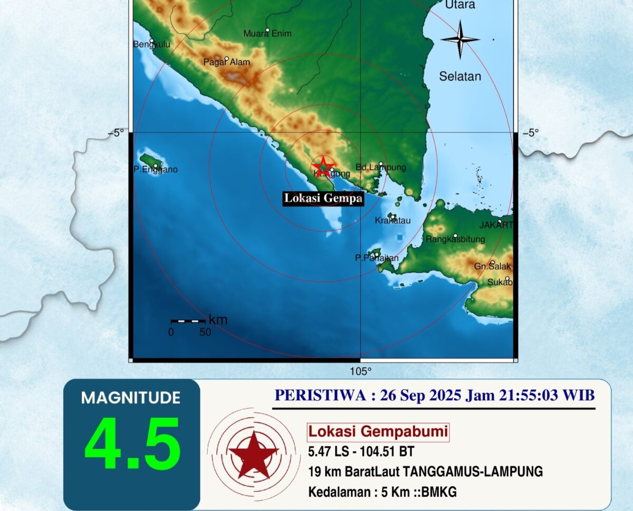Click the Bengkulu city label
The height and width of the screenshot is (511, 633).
151,45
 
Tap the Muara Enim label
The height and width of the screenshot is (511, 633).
267,34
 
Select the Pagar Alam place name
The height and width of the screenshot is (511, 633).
227,62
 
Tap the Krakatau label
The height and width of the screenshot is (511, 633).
392,220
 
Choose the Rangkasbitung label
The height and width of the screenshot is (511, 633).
455,239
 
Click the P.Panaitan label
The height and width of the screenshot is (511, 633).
377,258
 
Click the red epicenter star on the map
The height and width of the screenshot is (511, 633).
323,167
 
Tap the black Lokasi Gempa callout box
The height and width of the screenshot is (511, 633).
323,198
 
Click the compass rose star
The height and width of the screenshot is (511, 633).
459,40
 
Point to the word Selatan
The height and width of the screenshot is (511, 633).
460,76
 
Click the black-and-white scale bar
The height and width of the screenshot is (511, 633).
188,321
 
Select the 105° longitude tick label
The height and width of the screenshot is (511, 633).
361,371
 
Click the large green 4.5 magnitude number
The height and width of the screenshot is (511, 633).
132,444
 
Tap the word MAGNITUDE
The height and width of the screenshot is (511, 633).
131,398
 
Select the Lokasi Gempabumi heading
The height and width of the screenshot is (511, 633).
378,432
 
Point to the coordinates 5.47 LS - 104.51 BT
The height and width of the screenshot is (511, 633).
361,451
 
